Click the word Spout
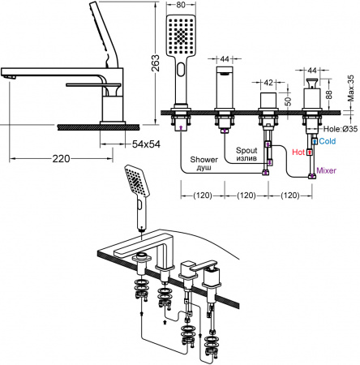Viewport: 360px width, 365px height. tap(246, 150)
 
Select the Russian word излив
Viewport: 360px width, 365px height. tap(246, 160)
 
